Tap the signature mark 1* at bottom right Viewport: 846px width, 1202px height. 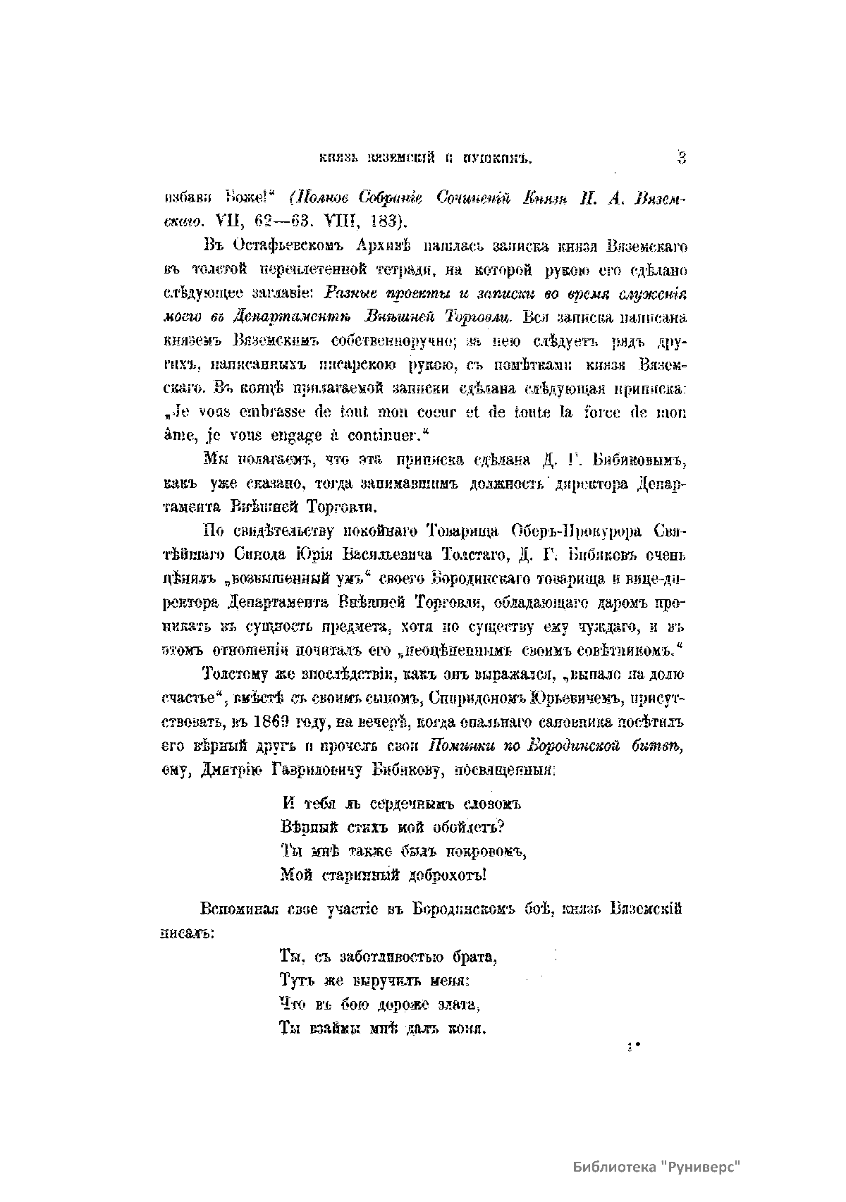[x=630, y=1048]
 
